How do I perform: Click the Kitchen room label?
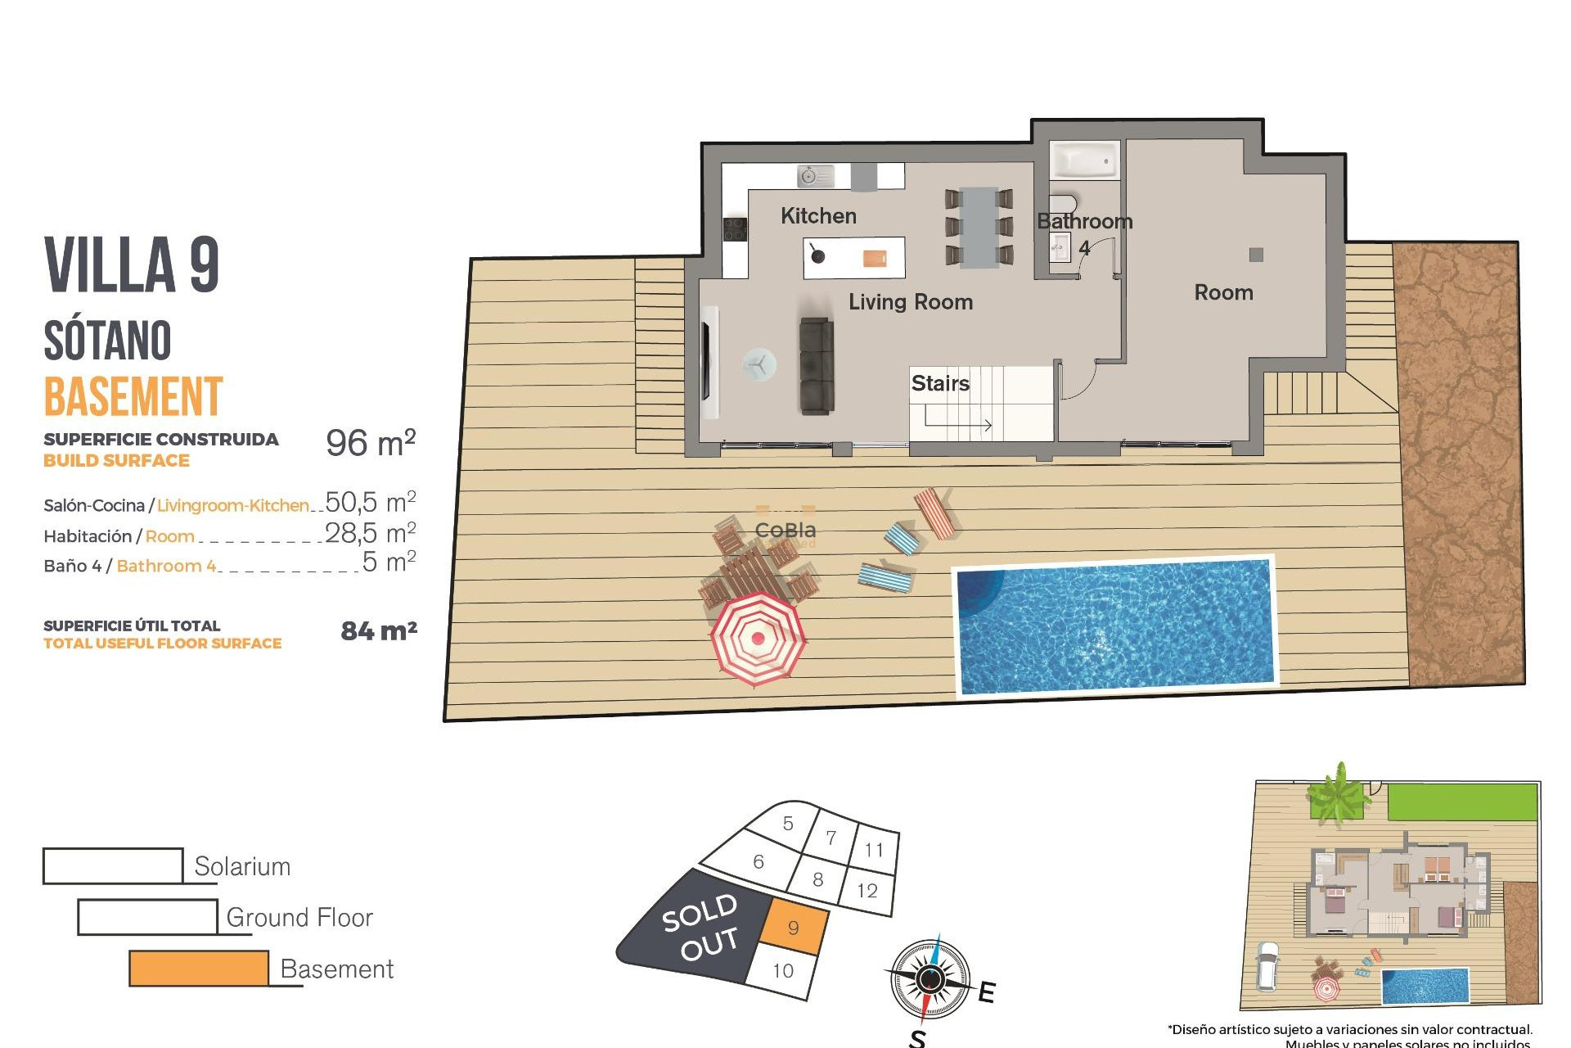tap(818, 216)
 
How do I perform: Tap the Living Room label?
tap(910, 302)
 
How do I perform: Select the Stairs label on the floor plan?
tap(940, 383)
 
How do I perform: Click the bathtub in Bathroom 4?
tap(1083, 160)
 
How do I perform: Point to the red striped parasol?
tap(758, 639)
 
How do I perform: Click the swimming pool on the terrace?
tap(1115, 626)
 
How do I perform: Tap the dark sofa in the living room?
tap(817, 365)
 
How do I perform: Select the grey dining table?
tap(979, 228)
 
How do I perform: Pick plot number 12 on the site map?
tap(867, 891)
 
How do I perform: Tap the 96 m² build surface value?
tap(371, 443)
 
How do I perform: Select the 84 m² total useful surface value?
tap(379, 630)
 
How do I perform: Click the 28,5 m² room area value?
tap(371, 533)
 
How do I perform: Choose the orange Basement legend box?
tap(199, 969)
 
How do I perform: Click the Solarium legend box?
tap(113, 866)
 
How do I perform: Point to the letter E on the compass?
tap(986, 992)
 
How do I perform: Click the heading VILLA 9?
tap(132, 264)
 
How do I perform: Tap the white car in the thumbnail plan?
tap(1267, 967)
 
